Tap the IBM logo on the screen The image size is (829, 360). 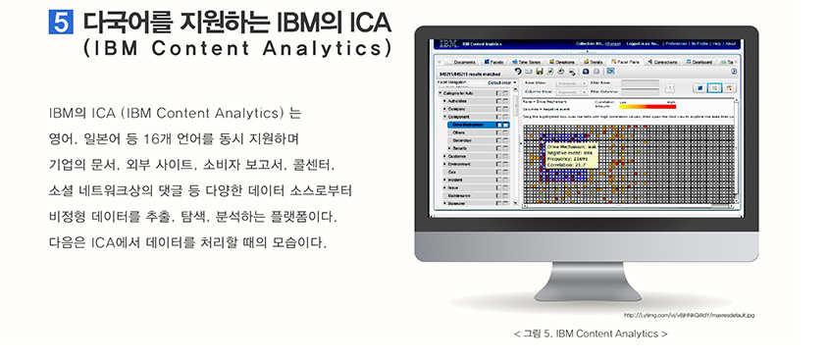coord(447,45)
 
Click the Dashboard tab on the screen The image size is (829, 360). coord(700,61)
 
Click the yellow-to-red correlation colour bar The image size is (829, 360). coord(647,106)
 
